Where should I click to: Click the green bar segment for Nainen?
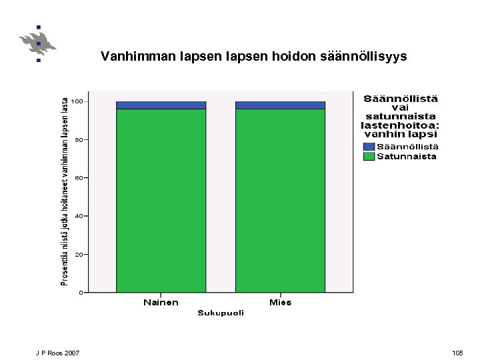(161, 200)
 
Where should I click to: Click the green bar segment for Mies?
(280, 200)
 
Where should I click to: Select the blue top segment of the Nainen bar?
(161, 105)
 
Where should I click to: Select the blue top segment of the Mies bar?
(280, 105)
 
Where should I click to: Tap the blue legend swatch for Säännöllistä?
(369, 147)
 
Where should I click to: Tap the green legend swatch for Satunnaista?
(369, 157)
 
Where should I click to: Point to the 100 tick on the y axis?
(79, 101)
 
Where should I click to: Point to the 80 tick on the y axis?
(79, 140)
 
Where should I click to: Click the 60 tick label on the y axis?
(79, 178)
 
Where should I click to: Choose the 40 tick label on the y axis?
(79, 216)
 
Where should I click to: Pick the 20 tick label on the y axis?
(79, 255)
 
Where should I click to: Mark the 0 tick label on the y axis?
(81, 293)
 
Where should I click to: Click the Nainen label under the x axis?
(161, 303)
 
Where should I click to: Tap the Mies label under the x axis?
(280, 303)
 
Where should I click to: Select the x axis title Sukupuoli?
(221, 313)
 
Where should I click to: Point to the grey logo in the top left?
(38, 43)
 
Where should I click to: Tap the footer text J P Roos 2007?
(57, 352)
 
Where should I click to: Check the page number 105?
(457, 352)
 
